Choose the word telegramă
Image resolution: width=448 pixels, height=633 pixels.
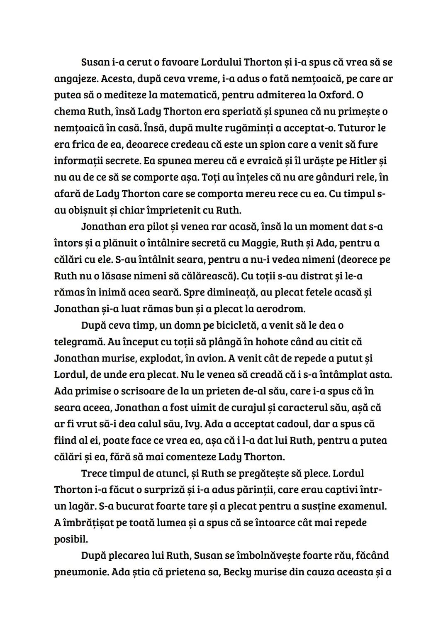coord(78,342)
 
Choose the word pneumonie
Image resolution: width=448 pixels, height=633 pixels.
coord(79,572)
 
